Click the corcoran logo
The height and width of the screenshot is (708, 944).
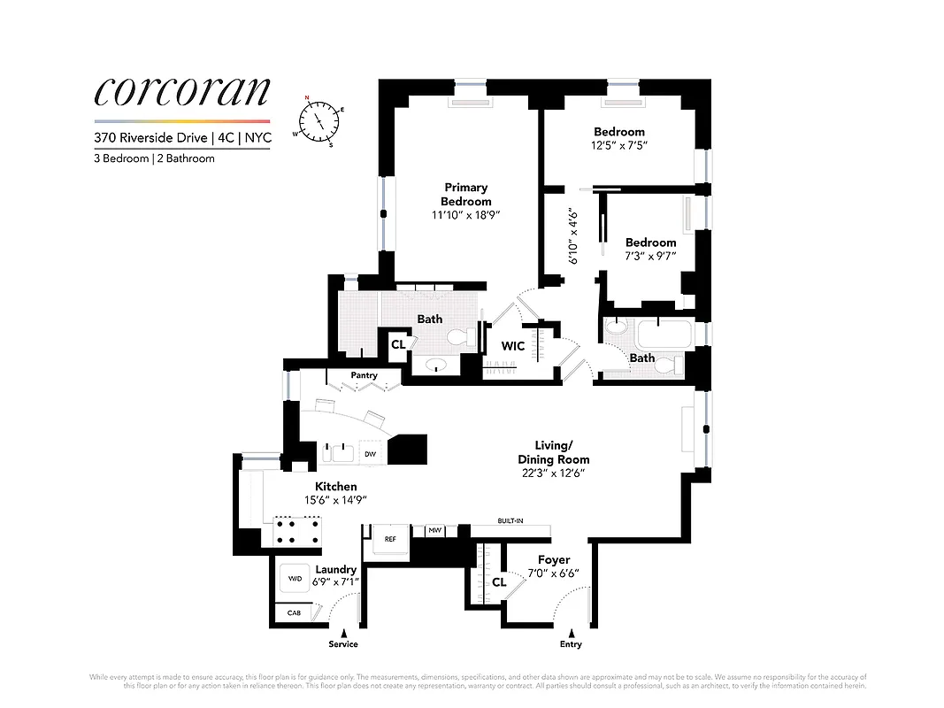(181, 92)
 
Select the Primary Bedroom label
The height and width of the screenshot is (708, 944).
(465, 194)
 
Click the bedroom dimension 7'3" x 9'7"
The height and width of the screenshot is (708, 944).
(650, 257)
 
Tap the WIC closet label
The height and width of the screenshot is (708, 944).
(513, 346)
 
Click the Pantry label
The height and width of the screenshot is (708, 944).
(364, 375)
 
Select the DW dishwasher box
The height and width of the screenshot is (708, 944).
(370, 455)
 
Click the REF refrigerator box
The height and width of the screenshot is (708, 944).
(389, 538)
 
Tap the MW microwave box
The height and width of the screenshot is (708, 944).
(434, 531)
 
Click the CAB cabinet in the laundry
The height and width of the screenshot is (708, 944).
(293, 612)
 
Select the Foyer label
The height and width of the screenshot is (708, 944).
(554, 559)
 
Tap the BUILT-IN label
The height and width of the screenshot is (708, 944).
(510, 521)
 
